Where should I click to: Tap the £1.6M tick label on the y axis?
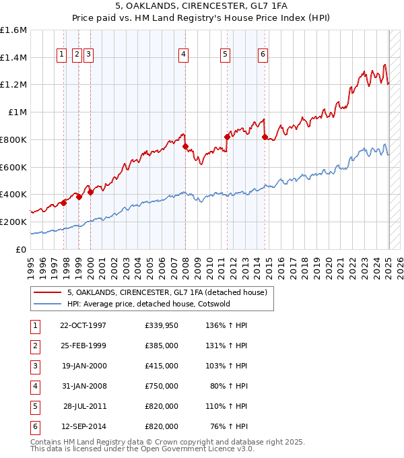point(13,30)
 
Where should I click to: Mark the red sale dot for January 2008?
point(185,146)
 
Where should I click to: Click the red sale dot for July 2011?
point(228,137)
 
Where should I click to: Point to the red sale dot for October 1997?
point(64,202)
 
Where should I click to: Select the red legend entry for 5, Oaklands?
point(168,292)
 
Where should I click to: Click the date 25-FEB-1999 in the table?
point(83,346)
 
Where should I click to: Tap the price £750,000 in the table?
point(162,386)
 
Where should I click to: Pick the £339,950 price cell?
point(162,325)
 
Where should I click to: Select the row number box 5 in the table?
point(34,406)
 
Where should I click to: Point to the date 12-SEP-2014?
point(83,426)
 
